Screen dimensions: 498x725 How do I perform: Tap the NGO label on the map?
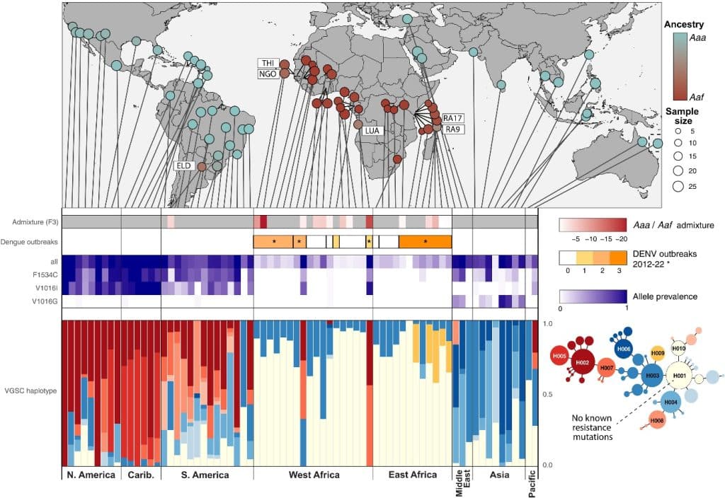[267, 73]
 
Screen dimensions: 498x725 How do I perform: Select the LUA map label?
[372, 131]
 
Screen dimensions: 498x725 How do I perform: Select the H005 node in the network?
[559, 357]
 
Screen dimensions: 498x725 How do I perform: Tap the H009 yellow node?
[656, 352]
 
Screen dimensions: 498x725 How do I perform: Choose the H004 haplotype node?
[670, 403]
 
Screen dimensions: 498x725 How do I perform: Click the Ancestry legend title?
[684, 24]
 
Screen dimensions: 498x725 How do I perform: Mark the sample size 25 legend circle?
[668, 187]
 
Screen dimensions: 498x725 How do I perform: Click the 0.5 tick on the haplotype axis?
[547, 394]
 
